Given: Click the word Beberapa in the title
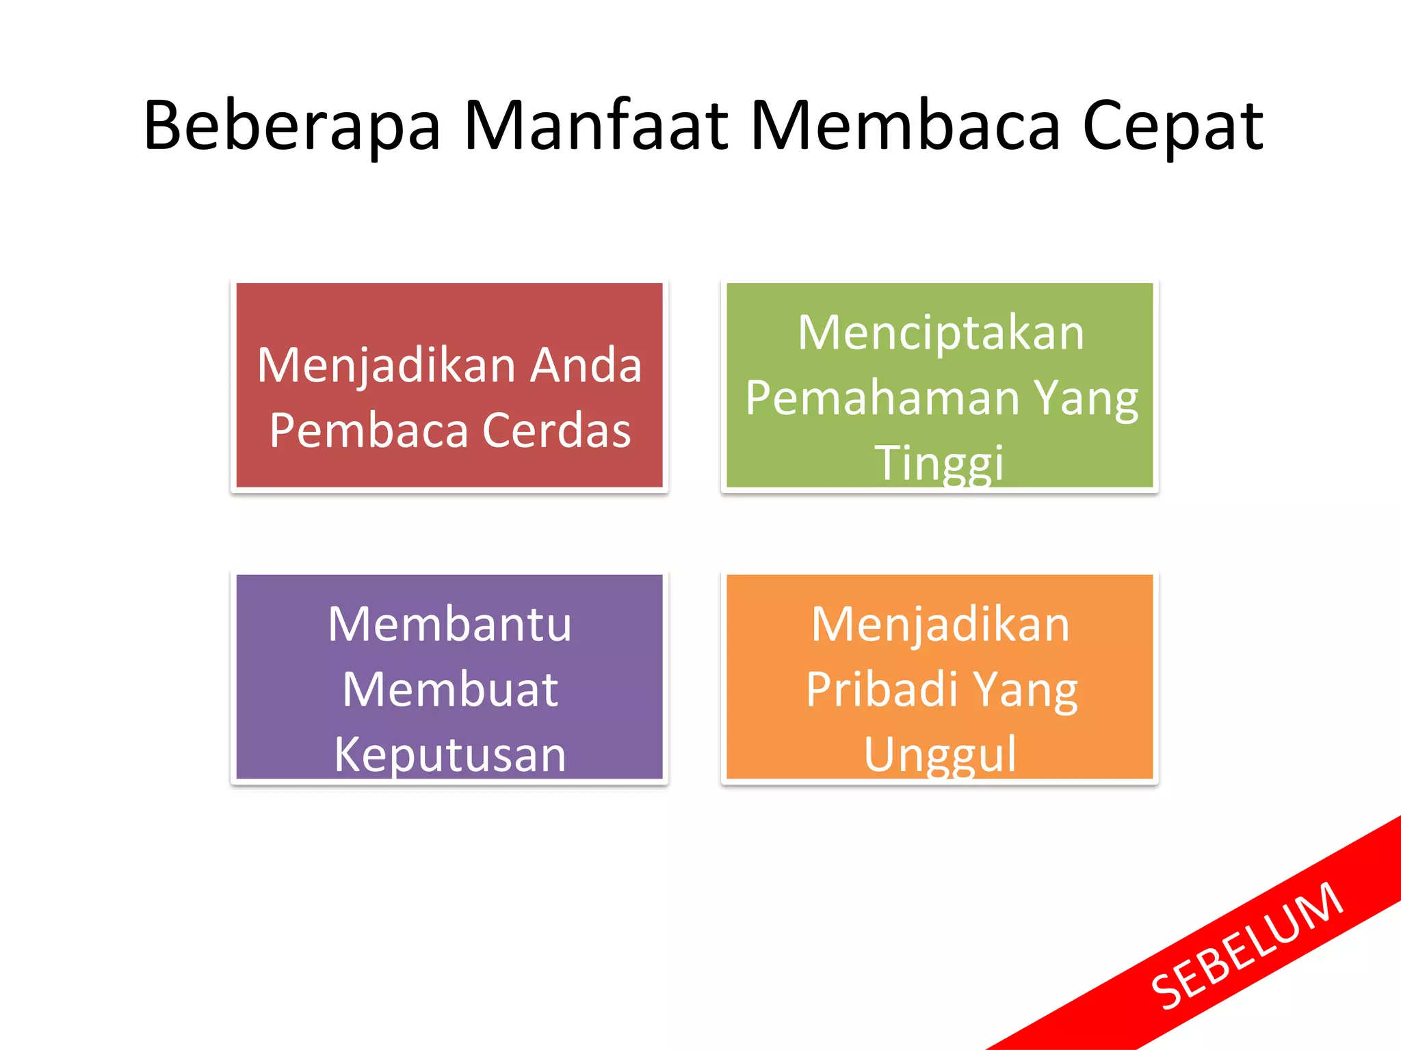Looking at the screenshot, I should pos(292,126).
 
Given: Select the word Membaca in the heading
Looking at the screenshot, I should pos(906,126).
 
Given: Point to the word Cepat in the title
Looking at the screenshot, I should pos(1173,127).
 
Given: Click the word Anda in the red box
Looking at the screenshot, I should pos(586,365).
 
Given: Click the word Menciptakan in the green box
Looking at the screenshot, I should pos(941,334).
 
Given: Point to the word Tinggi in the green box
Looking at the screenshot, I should pos(939,463).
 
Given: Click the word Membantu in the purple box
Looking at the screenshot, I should pos(449,624).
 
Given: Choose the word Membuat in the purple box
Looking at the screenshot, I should pos(450,689).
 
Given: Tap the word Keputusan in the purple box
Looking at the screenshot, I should pos(450,755).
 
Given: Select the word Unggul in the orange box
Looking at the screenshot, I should pos(940,755).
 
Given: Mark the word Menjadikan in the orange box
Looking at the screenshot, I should pos(940,624).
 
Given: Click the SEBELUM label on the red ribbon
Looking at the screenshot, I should pos(1247,946).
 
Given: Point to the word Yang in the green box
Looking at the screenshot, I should pos(1086,399).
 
